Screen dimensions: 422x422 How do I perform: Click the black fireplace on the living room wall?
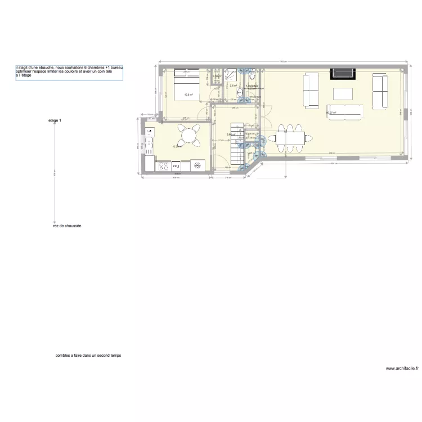[x=343, y=73]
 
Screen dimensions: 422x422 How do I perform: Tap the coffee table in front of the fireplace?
[x=343, y=93]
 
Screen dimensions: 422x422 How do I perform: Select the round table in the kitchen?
[x=187, y=135]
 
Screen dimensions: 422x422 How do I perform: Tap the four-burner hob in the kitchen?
[x=164, y=166]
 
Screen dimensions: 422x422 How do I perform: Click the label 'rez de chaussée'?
[x=65, y=226]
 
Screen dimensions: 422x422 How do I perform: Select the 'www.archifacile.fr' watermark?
[x=402, y=369]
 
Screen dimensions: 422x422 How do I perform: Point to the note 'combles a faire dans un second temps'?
[x=88, y=356]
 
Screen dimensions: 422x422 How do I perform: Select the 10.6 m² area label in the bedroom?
[x=188, y=95]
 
